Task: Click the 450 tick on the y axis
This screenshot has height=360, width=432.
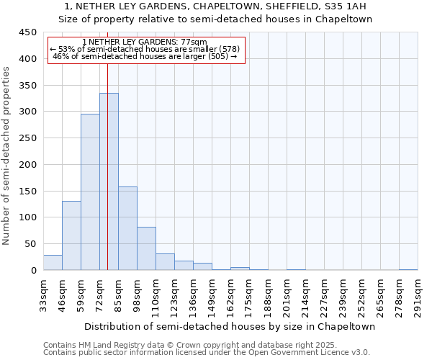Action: (28, 32)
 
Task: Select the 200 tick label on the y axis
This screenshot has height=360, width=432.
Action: (28, 165)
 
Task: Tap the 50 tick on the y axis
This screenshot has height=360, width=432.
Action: (30, 244)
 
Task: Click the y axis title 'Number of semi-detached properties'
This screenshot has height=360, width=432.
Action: (7, 156)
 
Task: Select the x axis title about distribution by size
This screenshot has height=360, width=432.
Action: (230, 326)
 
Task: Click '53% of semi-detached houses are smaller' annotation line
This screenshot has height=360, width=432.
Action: (145, 49)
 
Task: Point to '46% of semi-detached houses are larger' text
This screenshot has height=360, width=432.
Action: (145, 56)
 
